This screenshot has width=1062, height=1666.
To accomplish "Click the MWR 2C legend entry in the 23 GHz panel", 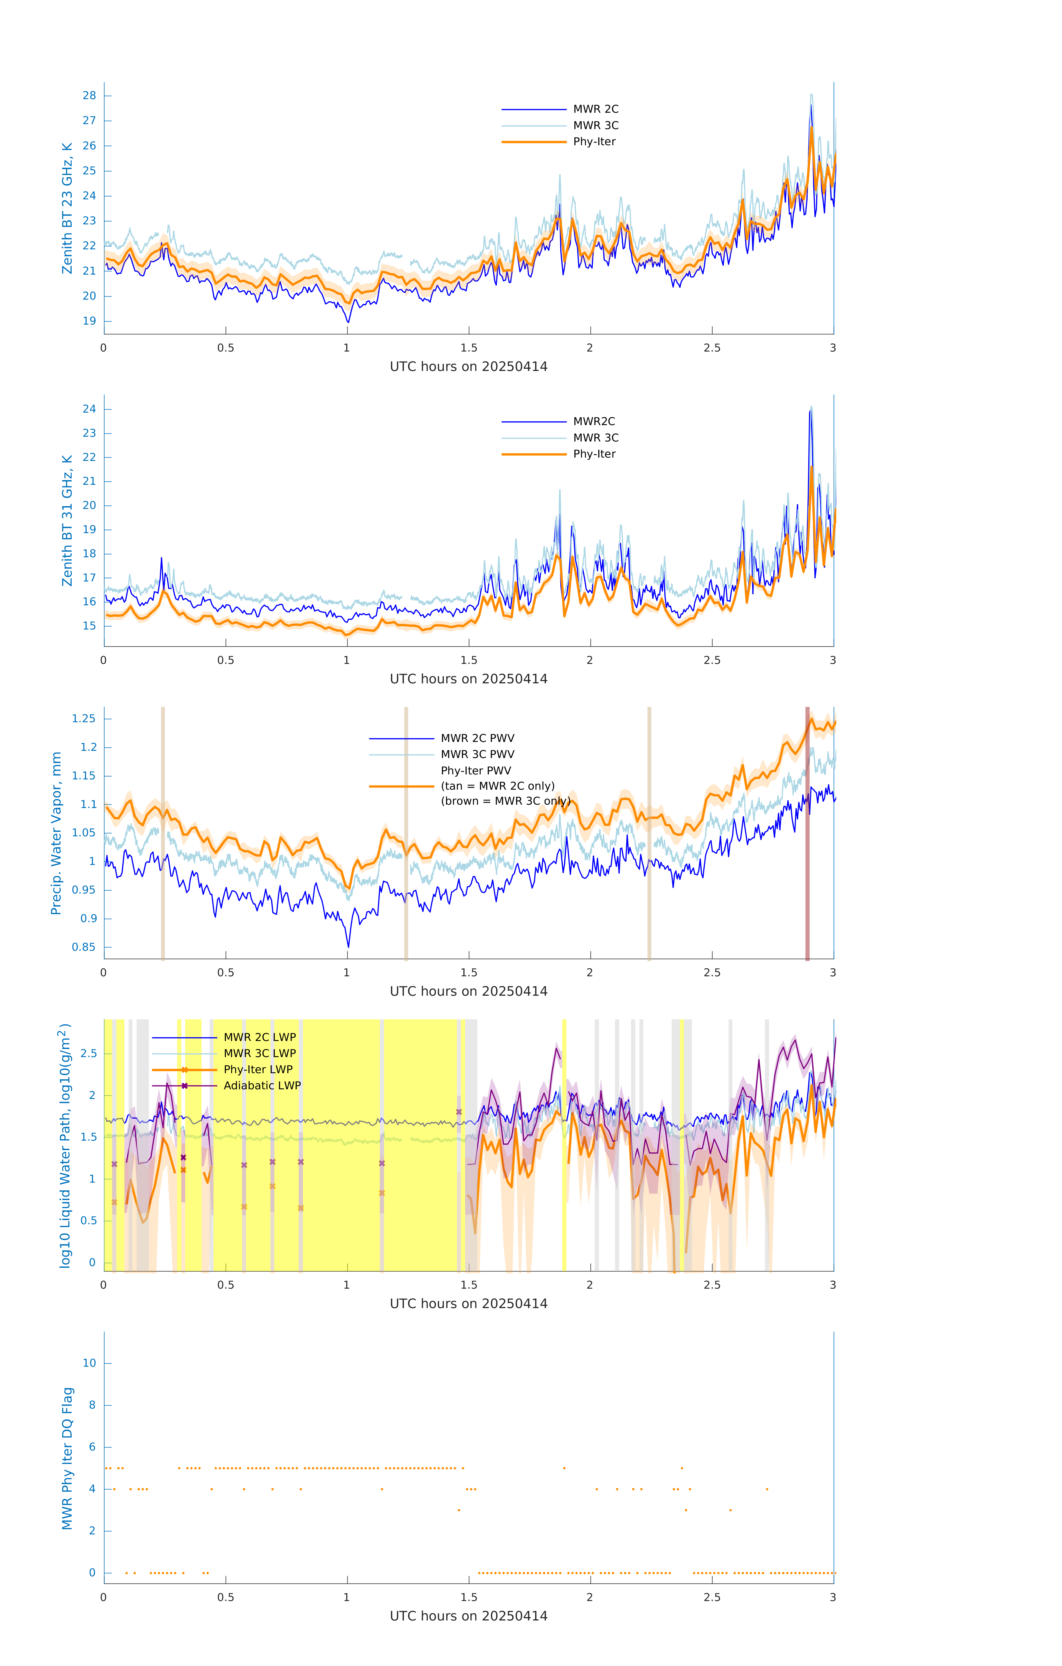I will tap(595, 109).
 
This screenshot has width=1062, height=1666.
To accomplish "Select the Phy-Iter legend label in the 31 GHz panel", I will tap(594, 454).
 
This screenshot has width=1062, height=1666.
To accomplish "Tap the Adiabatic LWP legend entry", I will tap(262, 1085).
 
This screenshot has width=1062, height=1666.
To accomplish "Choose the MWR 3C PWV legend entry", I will tap(477, 754).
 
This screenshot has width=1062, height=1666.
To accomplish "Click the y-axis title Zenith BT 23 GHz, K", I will tap(67, 208).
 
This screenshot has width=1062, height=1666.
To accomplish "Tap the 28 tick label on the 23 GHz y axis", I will tap(89, 96).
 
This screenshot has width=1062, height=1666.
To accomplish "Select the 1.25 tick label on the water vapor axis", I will tap(84, 719).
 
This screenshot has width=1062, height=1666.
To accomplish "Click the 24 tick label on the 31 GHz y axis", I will tap(89, 409).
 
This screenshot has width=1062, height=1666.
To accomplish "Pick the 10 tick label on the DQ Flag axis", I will tap(89, 1363).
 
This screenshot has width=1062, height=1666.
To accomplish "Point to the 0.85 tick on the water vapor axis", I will tap(84, 947).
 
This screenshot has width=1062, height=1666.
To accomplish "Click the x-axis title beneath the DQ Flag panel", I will tap(468, 1616).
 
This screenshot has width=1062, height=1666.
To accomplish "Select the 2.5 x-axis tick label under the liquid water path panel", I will tap(712, 1285).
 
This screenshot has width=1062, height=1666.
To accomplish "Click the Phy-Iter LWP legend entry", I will tap(257, 1070).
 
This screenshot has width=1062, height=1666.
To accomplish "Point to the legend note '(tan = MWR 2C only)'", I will tap(498, 786).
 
